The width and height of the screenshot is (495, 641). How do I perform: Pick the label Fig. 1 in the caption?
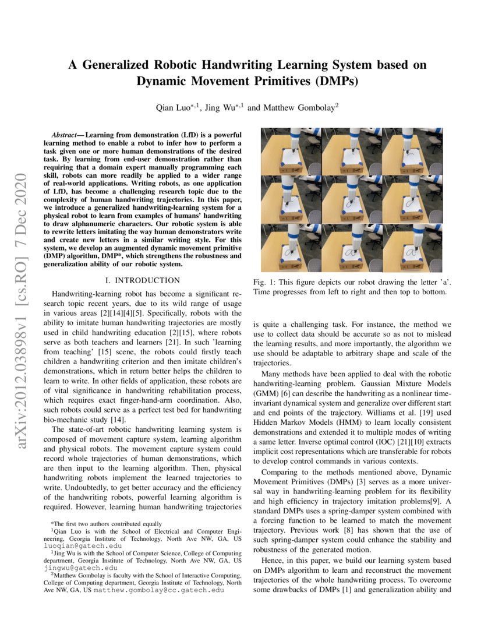pyautogui.click(x=263, y=282)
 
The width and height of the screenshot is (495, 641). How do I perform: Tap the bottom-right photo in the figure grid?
pyautogui.click(x=411, y=248)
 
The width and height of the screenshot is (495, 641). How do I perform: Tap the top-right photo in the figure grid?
pyautogui.click(x=411, y=152)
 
